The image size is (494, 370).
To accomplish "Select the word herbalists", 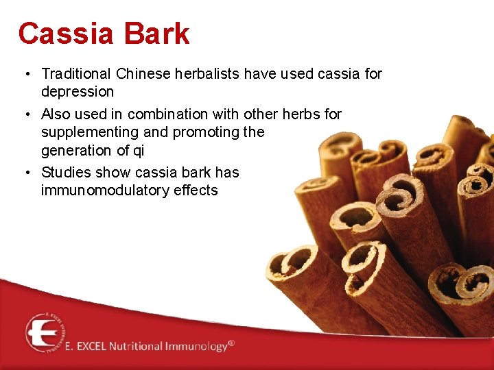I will pos(199,73).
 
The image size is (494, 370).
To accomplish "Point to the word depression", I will pos(78,92).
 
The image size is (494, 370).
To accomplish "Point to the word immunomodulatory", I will pos(99,190).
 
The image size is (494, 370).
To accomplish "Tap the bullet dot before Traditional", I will pos(24,74).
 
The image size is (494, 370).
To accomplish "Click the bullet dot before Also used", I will pos(24,114).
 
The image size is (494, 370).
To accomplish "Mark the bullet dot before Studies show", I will pos(24,173).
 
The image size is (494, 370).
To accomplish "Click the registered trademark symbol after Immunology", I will pos(231,343).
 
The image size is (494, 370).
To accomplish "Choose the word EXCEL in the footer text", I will pos(91,346).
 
